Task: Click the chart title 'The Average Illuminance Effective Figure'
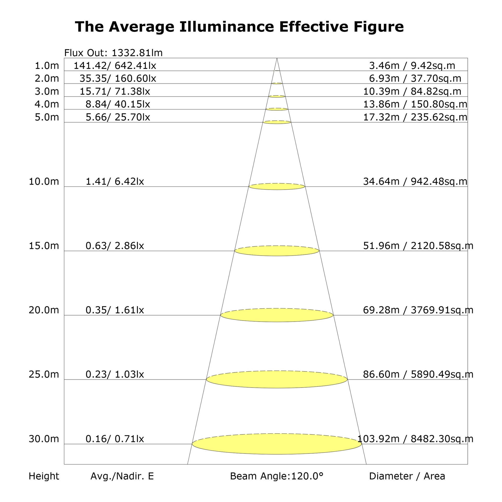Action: (x=239, y=27)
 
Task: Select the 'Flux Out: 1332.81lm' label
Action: (x=113, y=53)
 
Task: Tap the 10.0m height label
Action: (x=44, y=181)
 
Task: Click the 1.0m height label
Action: (x=47, y=66)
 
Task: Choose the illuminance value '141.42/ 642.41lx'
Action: (x=115, y=66)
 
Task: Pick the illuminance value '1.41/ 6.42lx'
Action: (x=115, y=181)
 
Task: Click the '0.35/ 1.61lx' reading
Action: (x=115, y=310)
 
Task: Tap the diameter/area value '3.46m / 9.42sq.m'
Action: (x=412, y=66)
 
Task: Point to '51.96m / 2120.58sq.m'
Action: (x=418, y=246)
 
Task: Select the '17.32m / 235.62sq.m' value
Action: (x=415, y=117)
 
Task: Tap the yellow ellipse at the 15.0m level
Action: (x=277, y=251)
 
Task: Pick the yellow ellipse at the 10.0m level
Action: (x=277, y=186)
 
